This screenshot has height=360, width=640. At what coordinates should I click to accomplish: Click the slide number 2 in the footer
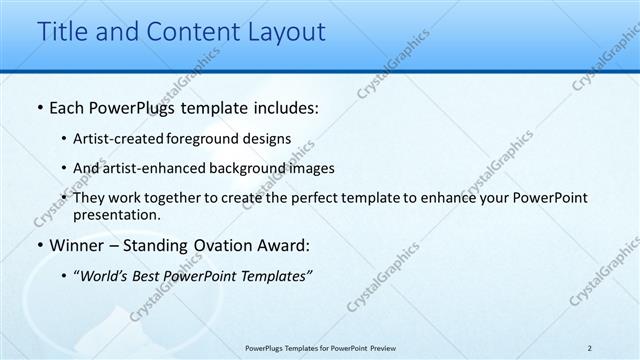point(590,348)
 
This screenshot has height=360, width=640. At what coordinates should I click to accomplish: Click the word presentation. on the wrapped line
point(116,215)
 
